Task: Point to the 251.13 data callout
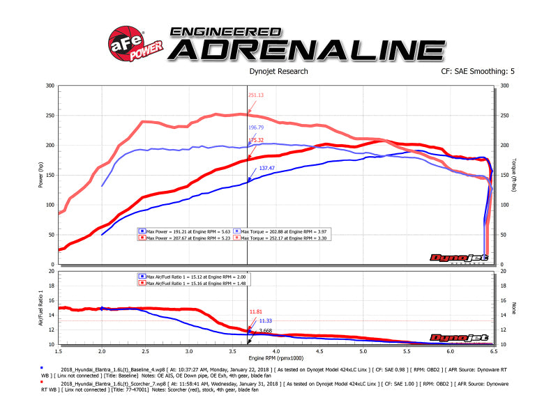click(257, 95)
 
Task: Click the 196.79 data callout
click(257, 128)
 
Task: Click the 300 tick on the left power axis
click(50, 86)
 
